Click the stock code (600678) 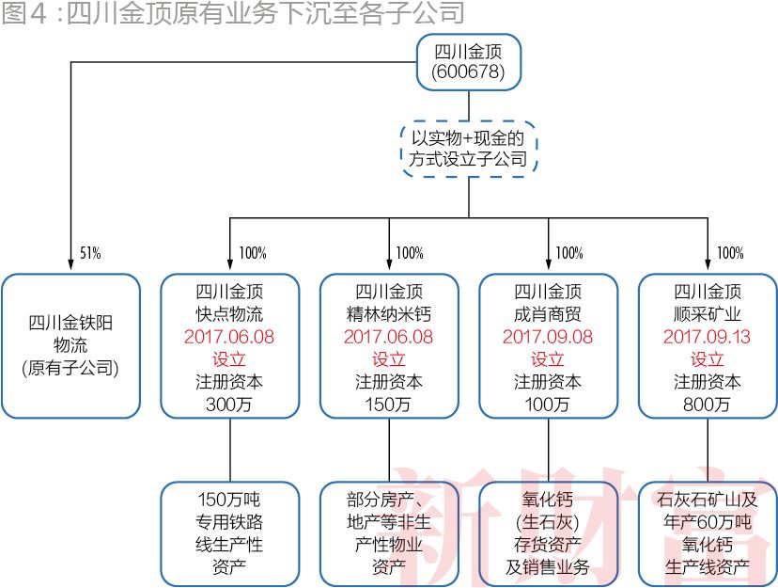coord(468,72)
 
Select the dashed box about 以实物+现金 coord(468,149)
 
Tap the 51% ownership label coord(90,253)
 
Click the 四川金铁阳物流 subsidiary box coord(70,345)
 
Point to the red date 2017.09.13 coord(708,337)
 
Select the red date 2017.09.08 coord(548,337)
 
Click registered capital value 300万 coord(229,405)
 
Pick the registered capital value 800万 coord(708,405)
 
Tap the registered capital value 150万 coord(389,405)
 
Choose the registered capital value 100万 coord(548,405)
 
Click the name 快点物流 coord(229,314)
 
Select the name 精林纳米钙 coord(389,314)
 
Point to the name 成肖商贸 coord(548,314)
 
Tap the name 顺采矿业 coord(708,314)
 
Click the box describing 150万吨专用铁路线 coord(229,532)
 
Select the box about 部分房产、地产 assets coord(389,532)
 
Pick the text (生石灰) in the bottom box coord(548,521)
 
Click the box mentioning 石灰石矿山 coord(708,532)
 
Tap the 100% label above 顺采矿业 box coord(730,253)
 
